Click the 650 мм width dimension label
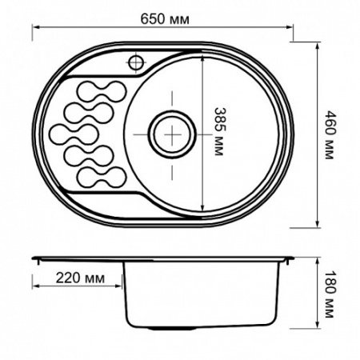[162, 19]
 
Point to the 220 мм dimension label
[80, 279]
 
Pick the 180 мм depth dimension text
[329, 293]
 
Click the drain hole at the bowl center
[170, 133]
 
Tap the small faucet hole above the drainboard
[135, 62]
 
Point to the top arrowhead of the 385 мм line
[203, 56]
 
